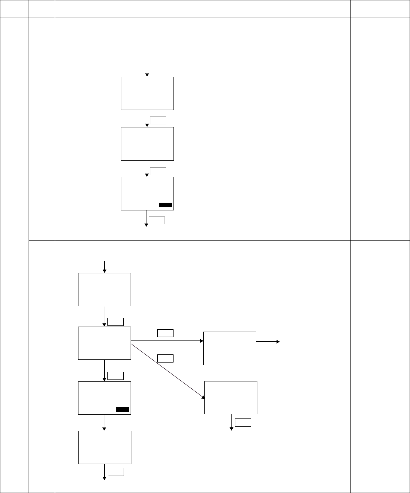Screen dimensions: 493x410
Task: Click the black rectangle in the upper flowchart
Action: click(x=165, y=205)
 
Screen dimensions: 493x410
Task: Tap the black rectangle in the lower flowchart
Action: click(x=122, y=410)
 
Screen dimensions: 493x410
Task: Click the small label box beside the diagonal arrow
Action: click(x=165, y=358)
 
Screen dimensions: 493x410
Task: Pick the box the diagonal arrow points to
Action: click(x=231, y=398)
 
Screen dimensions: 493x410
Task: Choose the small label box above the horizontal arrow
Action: click(x=165, y=333)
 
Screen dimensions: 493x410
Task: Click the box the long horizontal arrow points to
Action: click(x=230, y=348)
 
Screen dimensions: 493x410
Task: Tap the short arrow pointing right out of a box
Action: click(x=268, y=342)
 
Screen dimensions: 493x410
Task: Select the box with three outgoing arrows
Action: click(x=104, y=343)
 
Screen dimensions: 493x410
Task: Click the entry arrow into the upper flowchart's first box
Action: click(x=147, y=68)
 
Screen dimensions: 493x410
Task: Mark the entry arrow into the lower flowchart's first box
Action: click(x=104, y=266)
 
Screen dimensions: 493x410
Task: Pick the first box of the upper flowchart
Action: click(x=147, y=93)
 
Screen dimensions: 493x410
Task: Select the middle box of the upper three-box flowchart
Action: click(x=147, y=144)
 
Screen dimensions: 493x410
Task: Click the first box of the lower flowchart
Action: click(x=104, y=290)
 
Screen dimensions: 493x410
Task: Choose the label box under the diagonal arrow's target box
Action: click(x=243, y=422)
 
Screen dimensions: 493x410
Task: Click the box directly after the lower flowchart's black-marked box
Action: click(x=105, y=447)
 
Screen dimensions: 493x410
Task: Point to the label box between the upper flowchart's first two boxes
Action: click(x=158, y=120)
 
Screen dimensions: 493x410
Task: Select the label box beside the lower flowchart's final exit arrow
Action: click(x=116, y=472)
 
